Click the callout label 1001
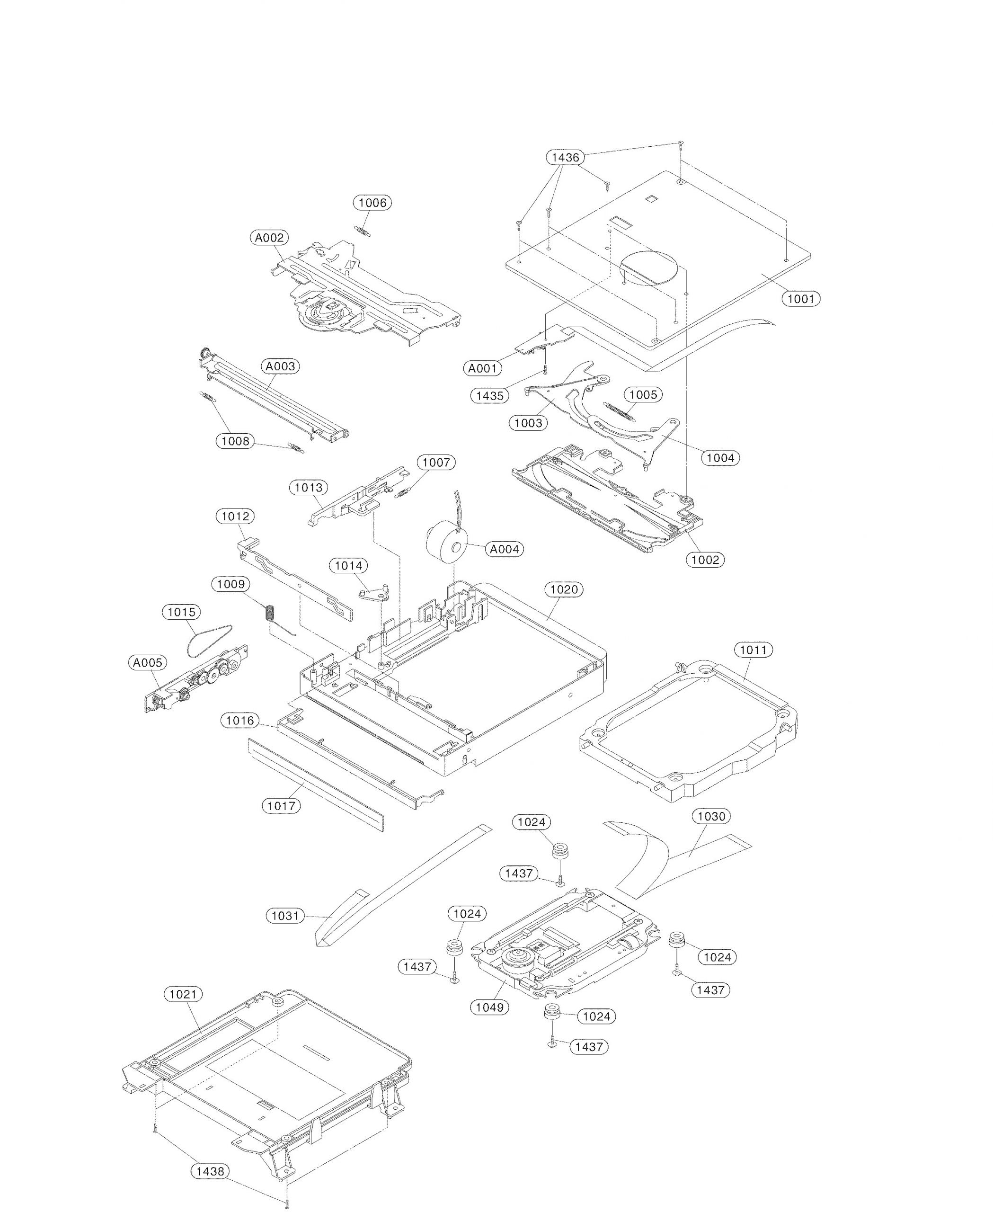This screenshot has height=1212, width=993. point(801,298)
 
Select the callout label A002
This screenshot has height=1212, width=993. point(269,238)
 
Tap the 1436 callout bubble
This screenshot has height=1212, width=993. point(565,157)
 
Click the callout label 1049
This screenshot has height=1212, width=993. point(489,1007)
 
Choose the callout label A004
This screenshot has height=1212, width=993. point(505,549)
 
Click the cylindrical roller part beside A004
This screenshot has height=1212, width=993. point(447,541)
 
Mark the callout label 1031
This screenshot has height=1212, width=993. point(285,916)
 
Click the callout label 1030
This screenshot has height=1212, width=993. point(711,816)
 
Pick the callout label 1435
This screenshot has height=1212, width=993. point(489,395)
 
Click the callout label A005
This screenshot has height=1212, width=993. point(148,663)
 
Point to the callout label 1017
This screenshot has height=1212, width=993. point(282,806)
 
